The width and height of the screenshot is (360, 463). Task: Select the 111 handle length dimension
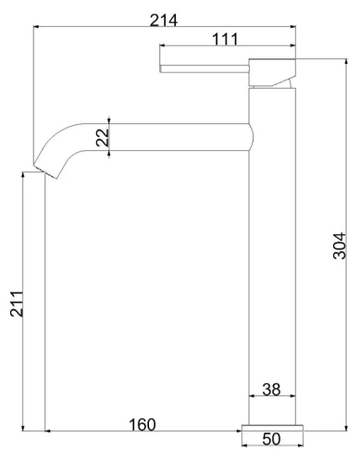point(225,39)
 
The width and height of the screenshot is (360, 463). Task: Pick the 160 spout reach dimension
point(142,424)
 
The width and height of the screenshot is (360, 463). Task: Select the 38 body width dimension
point(272,390)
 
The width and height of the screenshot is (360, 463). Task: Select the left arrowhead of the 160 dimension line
point(46,431)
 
